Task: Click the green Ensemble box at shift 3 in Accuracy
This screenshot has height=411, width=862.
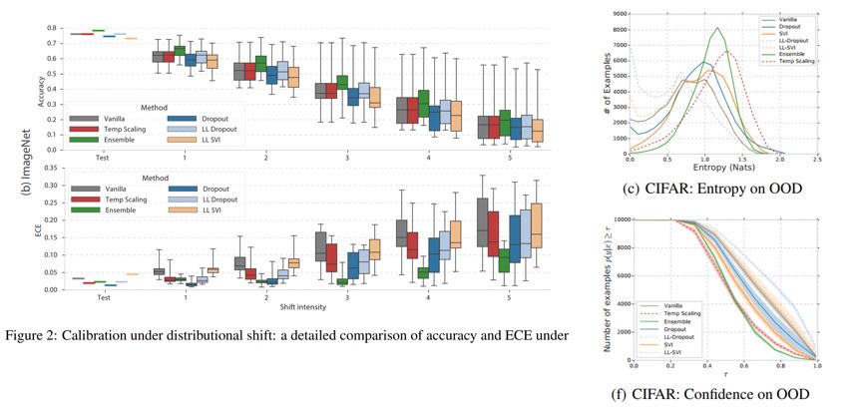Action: (x=342, y=83)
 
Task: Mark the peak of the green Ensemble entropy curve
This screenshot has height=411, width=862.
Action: (x=717, y=28)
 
